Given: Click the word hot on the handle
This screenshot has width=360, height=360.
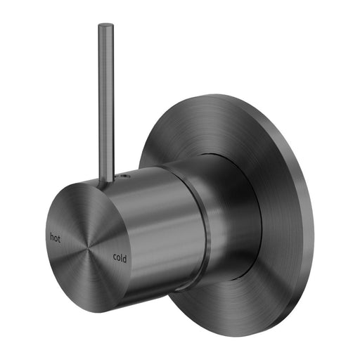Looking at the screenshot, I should pos(55,238).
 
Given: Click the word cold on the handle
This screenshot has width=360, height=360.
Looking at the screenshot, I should pos(122,257).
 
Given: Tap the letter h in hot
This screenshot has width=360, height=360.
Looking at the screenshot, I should pos(51,237).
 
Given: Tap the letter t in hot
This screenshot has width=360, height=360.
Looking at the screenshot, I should pos(60,238).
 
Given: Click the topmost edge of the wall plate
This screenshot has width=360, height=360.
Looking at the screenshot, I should pos(225,96).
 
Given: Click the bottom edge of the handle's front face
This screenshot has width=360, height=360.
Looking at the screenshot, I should pos(105,308).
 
